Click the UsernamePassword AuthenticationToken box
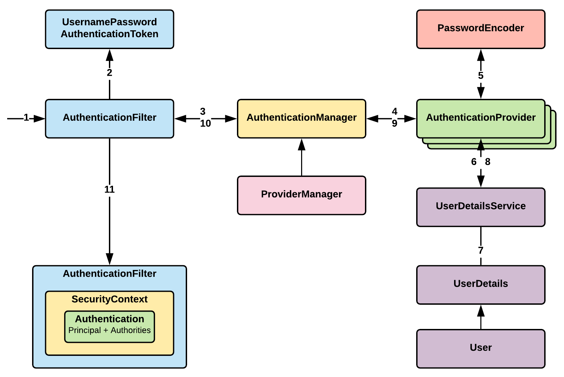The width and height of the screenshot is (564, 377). coord(109,29)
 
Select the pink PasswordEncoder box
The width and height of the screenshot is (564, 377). coord(480,29)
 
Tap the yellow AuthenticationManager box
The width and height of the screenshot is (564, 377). coord(301,118)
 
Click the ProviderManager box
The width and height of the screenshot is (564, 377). coord(301,195)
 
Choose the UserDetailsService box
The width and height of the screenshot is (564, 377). coord(480,207)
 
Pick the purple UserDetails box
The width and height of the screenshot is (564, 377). coord(480,284)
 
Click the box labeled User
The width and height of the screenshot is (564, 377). coord(480,348)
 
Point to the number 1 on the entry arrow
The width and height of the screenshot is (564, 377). coord(26,118)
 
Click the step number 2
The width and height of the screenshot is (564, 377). coord(109,73)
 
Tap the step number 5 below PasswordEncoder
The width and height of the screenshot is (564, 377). coord(480,76)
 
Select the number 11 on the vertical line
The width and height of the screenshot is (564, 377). coord(109,189)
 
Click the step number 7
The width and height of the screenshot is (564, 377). coord(480,251)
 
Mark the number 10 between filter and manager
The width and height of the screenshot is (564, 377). coord(205,124)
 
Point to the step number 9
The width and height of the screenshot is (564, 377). coord(394,124)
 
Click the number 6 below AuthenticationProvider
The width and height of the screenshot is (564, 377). coord(474,162)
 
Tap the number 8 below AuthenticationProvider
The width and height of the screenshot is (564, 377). coord(488,162)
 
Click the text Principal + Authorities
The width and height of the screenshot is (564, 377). coord(109,330)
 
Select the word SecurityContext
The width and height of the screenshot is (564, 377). coord(109,299)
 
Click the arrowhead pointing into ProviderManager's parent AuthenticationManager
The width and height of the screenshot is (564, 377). coord(301,145)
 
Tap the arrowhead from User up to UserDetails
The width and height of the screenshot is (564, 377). coord(480,311)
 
